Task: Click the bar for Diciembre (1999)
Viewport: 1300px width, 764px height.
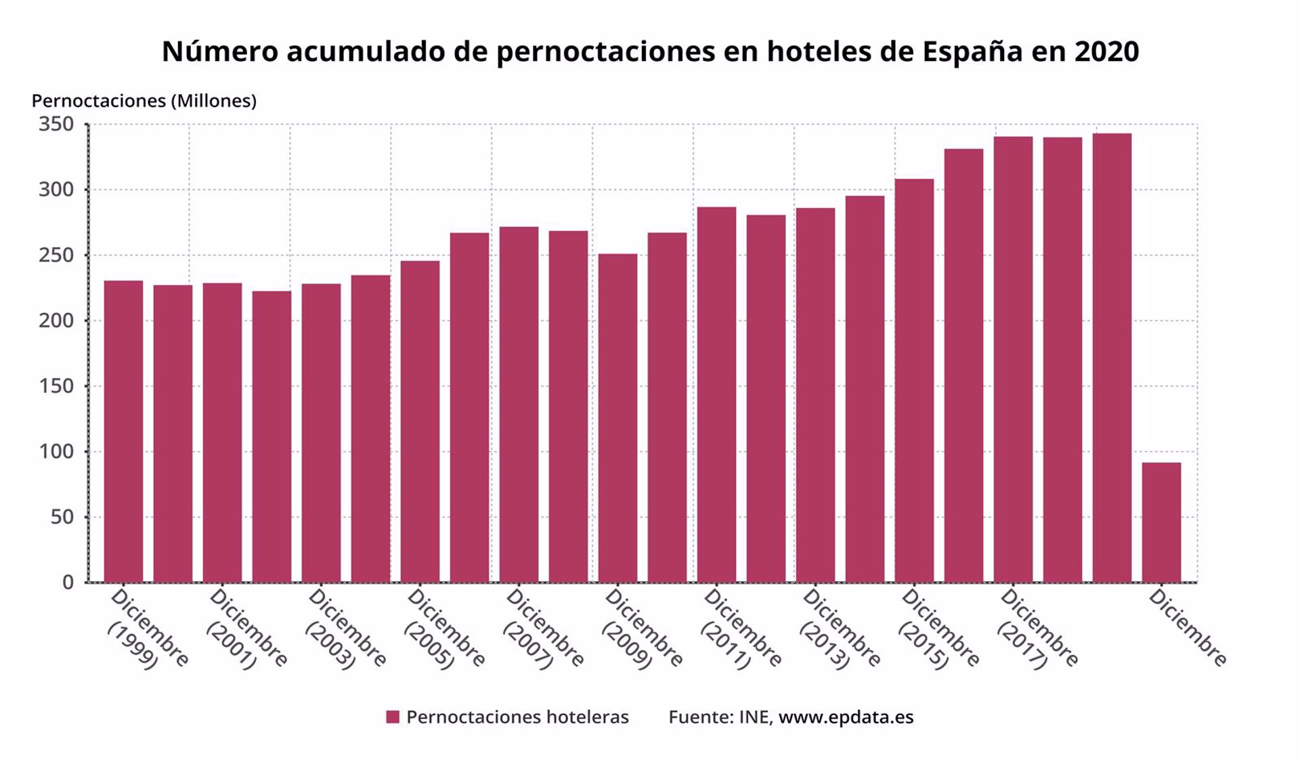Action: coord(123,431)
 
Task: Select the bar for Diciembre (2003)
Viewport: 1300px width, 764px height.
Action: coord(321,433)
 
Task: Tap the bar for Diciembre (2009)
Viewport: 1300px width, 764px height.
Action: coord(617,418)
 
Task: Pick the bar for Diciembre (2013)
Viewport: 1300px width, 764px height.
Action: coord(815,395)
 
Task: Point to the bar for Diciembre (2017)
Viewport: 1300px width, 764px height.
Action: coord(1014,360)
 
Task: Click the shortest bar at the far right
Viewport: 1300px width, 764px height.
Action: coord(1161,522)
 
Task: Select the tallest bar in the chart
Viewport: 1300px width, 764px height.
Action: coord(1112,358)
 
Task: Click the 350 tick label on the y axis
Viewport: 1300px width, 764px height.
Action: coord(56,124)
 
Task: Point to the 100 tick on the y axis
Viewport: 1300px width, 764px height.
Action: coord(56,451)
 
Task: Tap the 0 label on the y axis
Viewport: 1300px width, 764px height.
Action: coord(68,582)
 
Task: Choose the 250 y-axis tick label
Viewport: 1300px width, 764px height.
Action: coord(56,255)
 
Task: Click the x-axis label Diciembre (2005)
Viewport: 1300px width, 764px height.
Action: coord(444,629)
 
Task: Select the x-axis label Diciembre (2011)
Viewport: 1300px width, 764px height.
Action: coord(741,629)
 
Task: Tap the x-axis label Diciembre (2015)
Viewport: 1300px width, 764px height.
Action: coord(938,629)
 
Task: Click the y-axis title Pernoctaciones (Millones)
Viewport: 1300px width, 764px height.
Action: coord(144,101)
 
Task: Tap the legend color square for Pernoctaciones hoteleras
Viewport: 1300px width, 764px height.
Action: coord(393,717)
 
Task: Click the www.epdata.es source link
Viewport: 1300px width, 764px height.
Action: coord(846,717)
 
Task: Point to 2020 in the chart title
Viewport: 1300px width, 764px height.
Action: coord(1106,51)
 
